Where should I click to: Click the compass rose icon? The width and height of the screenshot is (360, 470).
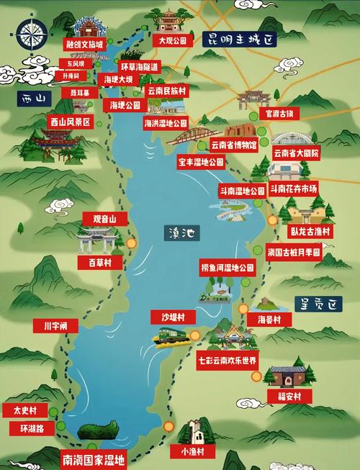(x=31, y=34)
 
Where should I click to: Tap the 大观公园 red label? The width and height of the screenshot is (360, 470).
(x=172, y=41)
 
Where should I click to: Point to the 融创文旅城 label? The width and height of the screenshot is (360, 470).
(x=84, y=45)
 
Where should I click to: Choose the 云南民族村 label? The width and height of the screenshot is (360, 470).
(x=166, y=91)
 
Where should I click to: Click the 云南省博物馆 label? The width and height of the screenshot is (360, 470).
(x=235, y=145)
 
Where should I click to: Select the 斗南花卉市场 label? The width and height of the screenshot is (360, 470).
(x=293, y=189)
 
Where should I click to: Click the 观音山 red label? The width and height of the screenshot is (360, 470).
(x=105, y=218)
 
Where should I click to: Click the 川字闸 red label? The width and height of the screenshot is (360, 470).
(x=55, y=326)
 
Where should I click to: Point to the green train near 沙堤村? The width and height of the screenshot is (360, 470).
(x=171, y=335)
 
